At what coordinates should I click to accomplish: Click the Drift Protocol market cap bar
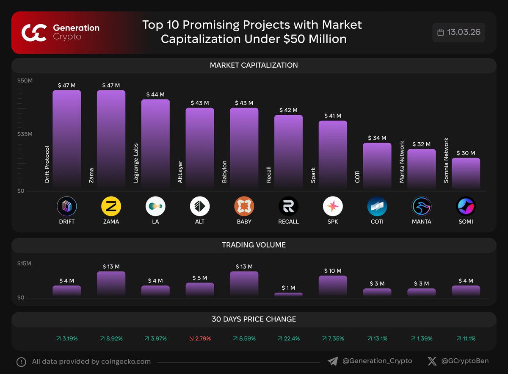pyautogui.click(x=66, y=140)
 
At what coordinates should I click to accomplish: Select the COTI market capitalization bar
pyautogui.click(x=377, y=166)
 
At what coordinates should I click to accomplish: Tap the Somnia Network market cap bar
pyautogui.click(x=466, y=174)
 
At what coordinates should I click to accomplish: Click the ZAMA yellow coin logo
pyautogui.click(x=111, y=207)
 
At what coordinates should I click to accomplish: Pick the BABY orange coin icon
pyautogui.click(x=244, y=207)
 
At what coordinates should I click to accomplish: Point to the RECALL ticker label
pyautogui.click(x=288, y=222)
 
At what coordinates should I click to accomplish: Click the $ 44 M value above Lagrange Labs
pyautogui.click(x=155, y=94)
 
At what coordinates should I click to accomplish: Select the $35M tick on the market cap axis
pyautogui.click(x=25, y=134)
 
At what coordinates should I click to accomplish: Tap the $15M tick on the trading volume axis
pyautogui.click(x=24, y=263)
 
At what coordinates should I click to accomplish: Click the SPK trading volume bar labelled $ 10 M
pyautogui.click(x=333, y=286)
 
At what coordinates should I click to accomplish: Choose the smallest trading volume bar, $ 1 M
pyautogui.click(x=288, y=294)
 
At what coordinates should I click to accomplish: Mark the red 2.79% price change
pyautogui.click(x=199, y=338)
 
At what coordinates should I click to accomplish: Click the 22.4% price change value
pyautogui.click(x=288, y=338)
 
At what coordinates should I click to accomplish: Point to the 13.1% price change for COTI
pyautogui.click(x=377, y=338)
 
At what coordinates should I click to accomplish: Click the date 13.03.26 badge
pyautogui.click(x=459, y=33)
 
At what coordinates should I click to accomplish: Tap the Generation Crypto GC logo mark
pyautogui.click(x=34, y=33)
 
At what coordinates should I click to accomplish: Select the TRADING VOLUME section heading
pyautogui.click(x=254, y=245)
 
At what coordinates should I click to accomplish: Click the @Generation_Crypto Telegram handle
pyautogui.click(x=377, y=361)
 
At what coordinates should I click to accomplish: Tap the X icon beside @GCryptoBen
pyautogui.click(x=432, y=361)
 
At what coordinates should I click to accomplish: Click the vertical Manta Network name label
pyautogui.click(x=402, y=162)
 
